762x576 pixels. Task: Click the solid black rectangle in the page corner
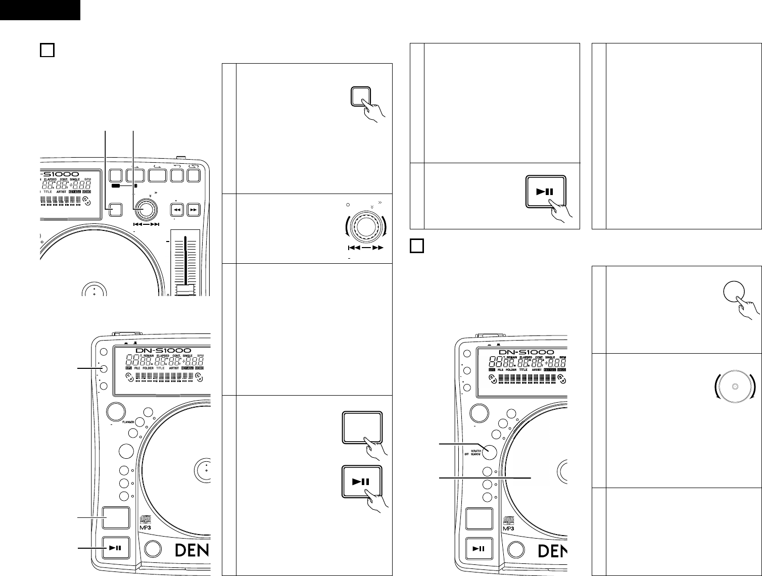tap(40, 10)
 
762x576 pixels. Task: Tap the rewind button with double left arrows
tap(177, 209)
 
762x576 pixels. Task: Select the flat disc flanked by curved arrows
tap(735, 387)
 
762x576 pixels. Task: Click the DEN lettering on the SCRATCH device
tap(550, 550)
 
